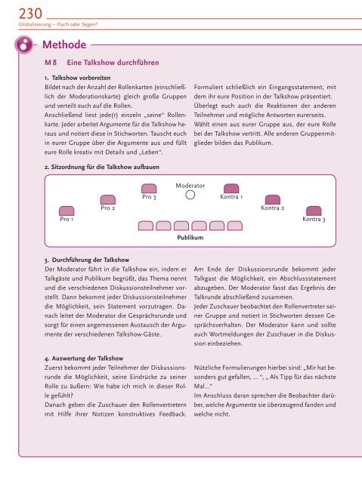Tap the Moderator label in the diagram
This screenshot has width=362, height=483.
(191, 183)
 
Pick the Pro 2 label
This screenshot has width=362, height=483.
(108, 208)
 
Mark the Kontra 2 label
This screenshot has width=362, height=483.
(272, 208)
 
